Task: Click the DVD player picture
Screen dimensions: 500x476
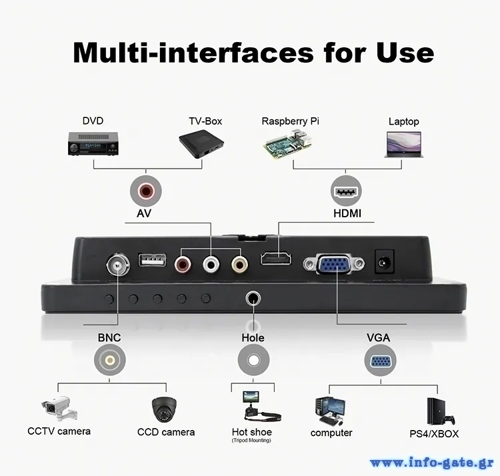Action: [93, 144]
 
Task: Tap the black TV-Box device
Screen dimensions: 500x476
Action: [201, 145]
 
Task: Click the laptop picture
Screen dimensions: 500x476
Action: [404, 145]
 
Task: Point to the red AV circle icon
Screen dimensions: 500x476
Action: [146, 191]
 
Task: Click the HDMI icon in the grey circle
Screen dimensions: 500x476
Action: [346, 191]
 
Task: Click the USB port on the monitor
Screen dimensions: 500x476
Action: [152, 259]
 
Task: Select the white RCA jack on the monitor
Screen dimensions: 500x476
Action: [211, 264]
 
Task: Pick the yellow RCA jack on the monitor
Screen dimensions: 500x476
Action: [240, 264]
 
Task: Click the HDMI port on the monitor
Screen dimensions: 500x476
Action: [276, 259]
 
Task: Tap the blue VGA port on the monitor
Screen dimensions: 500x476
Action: [334, 263]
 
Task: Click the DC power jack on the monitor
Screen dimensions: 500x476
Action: [384, 261]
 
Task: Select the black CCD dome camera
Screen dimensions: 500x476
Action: [164, 409]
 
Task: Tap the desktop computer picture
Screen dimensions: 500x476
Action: [330, 411]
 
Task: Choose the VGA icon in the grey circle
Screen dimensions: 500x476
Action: [381, 360]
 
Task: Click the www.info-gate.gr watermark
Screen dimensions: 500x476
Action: [432, 463]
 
